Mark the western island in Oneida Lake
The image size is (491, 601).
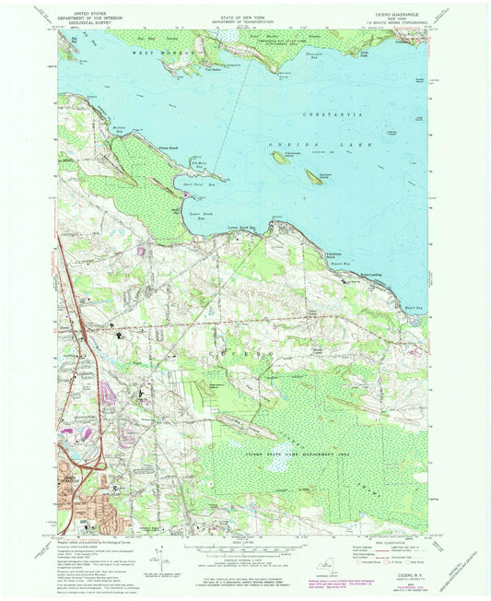pos(278,158)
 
